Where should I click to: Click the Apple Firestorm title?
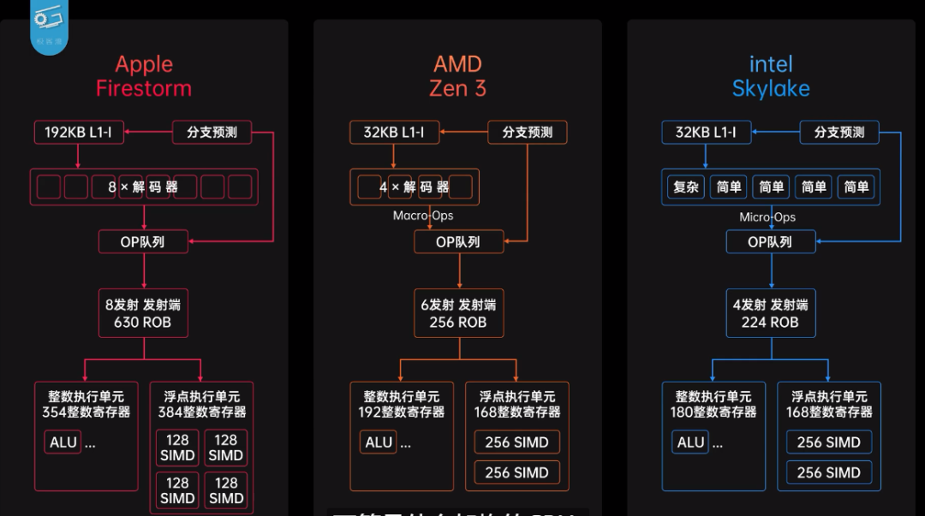[144, 76]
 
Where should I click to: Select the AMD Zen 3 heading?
[457, 76]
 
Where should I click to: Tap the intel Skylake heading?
[771, 76]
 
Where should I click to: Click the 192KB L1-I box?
[79, 133]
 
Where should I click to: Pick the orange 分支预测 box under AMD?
[528, 133]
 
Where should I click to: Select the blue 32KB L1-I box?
[706, 133]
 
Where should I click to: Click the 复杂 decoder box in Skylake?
[687, 187]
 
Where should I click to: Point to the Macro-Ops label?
[423, 216]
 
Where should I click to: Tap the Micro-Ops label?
[767, 217]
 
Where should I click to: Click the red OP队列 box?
[143, 242]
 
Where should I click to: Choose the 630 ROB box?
[143, 313]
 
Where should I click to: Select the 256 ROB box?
[458, 313]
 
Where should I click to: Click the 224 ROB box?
[771, 313]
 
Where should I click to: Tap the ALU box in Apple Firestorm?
[63, 442]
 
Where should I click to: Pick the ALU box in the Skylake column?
[690, 442]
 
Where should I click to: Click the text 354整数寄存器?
[86, 412]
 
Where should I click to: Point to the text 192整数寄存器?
[401, 412]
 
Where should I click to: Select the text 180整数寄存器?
[713, 412]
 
